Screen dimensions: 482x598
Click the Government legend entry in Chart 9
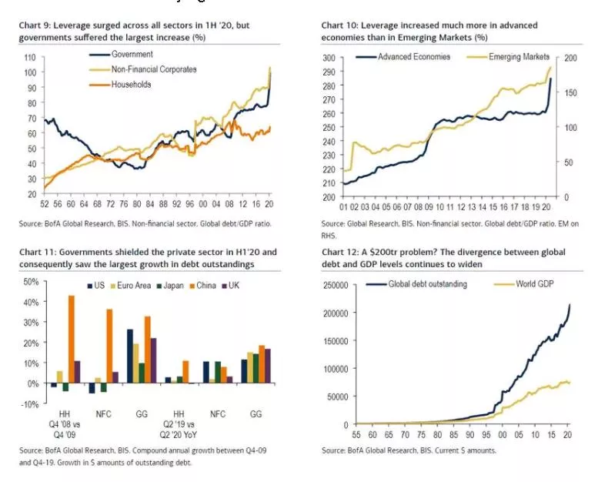point(132,54)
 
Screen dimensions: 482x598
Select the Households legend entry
point(131,85)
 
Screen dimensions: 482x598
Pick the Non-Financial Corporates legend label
point(154,69)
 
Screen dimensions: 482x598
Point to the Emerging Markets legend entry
point(519,57)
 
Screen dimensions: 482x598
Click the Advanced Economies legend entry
point(408,57)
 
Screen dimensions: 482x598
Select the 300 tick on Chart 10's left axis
point(329,58)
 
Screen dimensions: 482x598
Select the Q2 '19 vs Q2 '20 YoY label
point(178,422)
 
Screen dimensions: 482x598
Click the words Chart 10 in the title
point(339,26)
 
